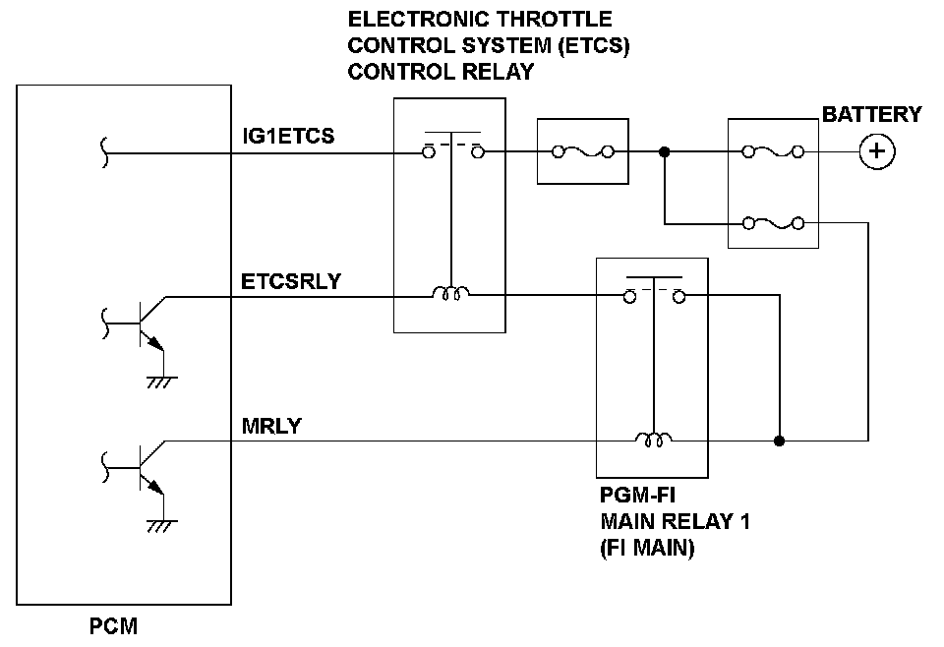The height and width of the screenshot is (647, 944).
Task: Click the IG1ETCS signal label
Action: tap(288, 136)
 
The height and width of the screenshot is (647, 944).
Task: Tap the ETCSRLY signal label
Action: tap(291, 281)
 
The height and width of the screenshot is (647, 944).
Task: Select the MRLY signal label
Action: tap(271, 426)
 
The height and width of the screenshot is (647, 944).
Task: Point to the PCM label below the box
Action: tap(113, 626)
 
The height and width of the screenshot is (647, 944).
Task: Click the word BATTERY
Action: tap(871, 114)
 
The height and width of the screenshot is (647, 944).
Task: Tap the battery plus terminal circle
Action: tap(876, 151)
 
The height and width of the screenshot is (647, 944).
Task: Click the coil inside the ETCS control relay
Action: tap(450, 293)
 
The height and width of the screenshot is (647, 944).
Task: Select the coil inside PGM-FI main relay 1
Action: tap(654, 440)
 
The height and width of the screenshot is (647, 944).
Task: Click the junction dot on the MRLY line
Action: tap(779, 441)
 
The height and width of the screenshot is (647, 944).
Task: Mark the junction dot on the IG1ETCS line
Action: tap(664, 152)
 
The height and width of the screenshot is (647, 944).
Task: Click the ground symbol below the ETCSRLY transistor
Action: tap(161, 382)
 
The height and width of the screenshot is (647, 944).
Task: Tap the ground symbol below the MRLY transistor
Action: tap(161, 526)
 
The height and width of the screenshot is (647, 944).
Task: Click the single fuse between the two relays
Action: tap(583, 151)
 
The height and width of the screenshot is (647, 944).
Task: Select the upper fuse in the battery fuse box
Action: tap(773, 151)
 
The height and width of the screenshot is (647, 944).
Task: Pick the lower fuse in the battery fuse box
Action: tap(773, 223)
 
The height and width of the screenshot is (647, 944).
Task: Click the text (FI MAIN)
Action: tap(647, 549)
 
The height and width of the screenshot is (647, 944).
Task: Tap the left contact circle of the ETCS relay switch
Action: tap(428, 152)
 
